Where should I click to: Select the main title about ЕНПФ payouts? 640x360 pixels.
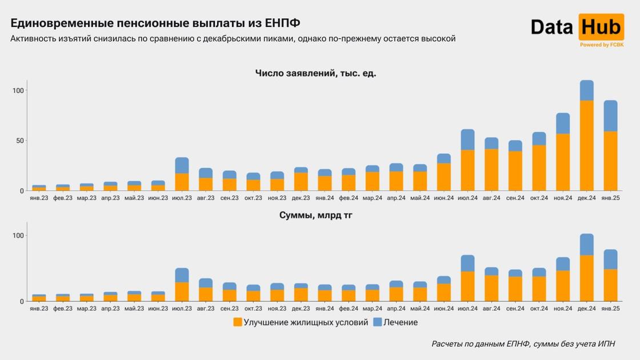point(155,23)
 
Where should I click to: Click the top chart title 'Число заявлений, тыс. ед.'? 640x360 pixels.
point(315,73)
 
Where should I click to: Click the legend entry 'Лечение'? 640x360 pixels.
point(395,322)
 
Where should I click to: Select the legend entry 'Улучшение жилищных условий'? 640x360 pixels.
point(301,322)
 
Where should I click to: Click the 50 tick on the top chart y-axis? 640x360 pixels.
point(19,141)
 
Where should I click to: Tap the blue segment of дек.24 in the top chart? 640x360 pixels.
point(587,90)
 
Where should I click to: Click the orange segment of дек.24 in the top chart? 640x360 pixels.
point(587,146)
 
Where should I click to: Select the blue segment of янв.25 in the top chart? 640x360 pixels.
point(611,116)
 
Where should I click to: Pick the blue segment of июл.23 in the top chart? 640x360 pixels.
point(182,165)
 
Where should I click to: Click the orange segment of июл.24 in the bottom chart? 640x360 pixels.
point(468,286)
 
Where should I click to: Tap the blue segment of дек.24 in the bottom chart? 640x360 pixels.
point(587,245)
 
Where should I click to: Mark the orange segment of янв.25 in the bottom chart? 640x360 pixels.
point(611,285)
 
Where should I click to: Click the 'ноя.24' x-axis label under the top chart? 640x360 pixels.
point(563,198)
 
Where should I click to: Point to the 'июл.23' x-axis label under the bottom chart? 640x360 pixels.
point(182,309)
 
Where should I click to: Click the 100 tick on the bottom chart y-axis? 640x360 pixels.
point(17,236)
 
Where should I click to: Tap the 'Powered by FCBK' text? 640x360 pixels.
point(602,45)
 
